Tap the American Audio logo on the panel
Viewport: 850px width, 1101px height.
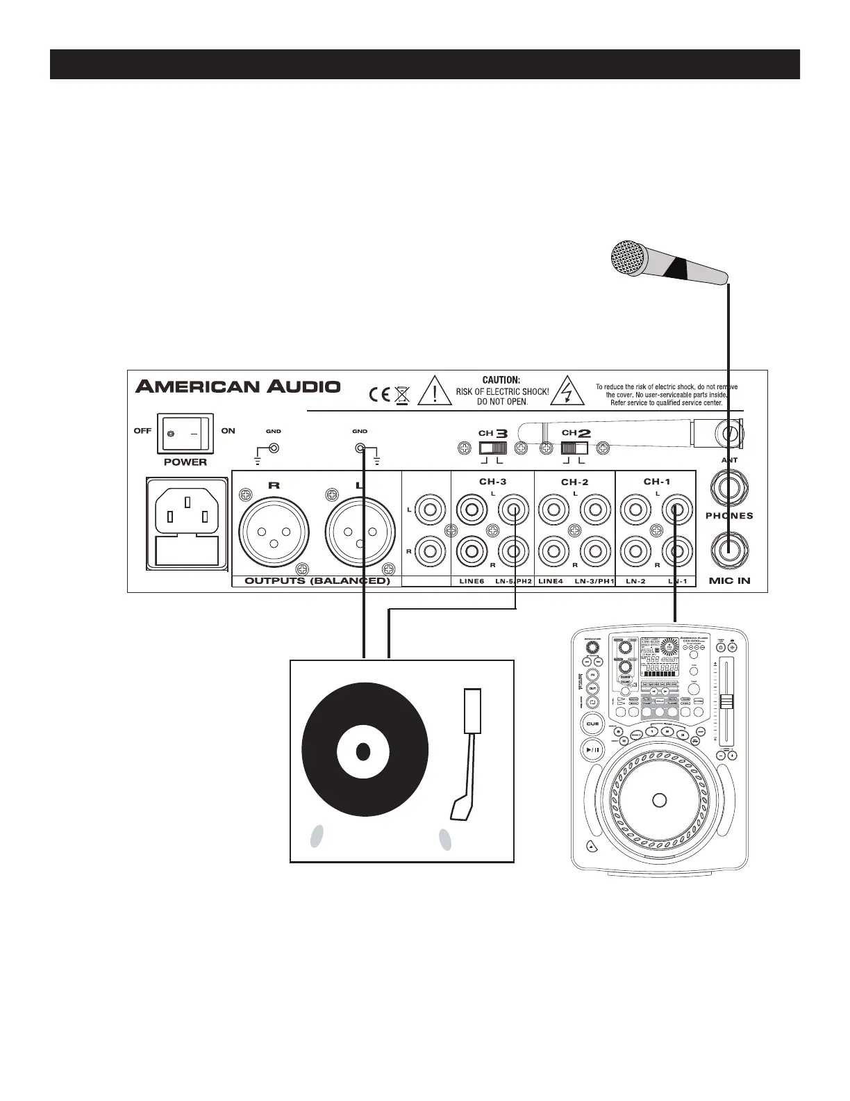[x=238, y=386]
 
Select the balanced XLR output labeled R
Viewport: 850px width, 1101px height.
[x=274, y=532]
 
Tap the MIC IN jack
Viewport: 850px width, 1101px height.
[x=729, y=550]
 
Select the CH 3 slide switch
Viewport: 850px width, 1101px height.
[x=493, y=448]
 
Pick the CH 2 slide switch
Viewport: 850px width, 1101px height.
[x=575, y=448]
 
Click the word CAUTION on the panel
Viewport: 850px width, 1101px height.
[x=501, y=380]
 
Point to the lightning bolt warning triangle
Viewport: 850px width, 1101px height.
[x=569, y=391]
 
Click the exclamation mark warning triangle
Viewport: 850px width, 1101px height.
[x=435, y=391]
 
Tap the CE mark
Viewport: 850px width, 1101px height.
[x=380, y=395]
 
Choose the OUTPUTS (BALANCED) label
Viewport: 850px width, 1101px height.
[x=317, y=580]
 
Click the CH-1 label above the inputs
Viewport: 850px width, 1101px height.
[x=656, y=481]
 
